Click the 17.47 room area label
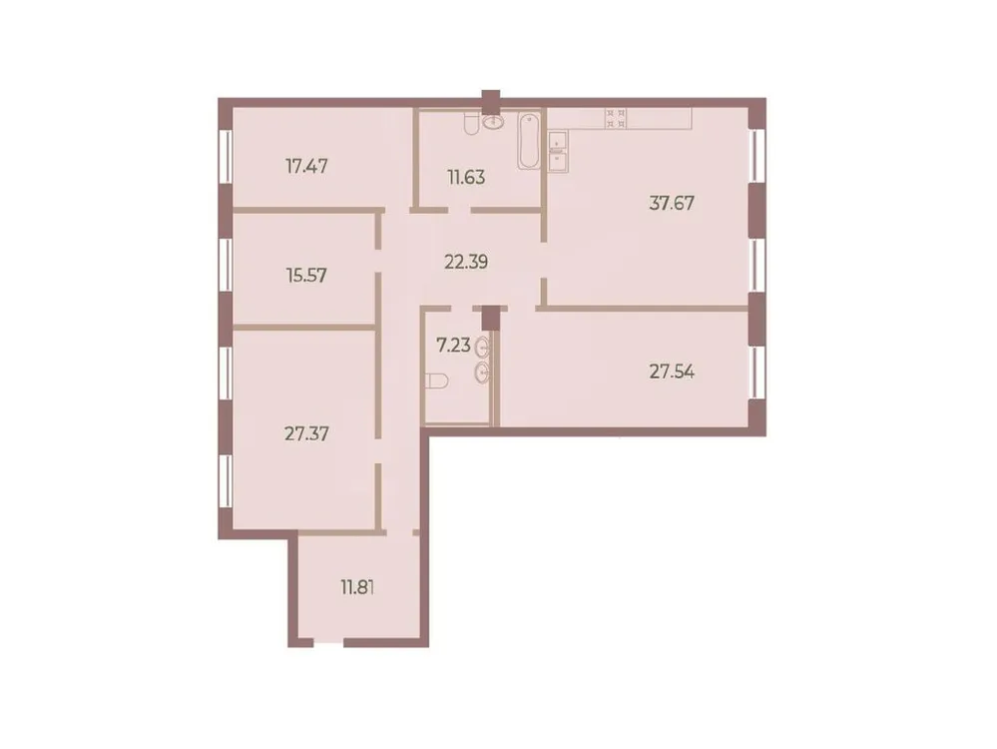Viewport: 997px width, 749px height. [x=306, y=166]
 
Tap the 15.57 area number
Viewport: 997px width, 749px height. [x=306, y=272]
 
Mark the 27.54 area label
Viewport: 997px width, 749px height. [x=672, y=372]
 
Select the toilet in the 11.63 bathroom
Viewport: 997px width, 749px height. [x=469, y=123]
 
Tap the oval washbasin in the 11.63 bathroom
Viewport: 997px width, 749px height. [x=493, y=123]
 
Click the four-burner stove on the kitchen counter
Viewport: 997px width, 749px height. [x=616, y=118]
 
